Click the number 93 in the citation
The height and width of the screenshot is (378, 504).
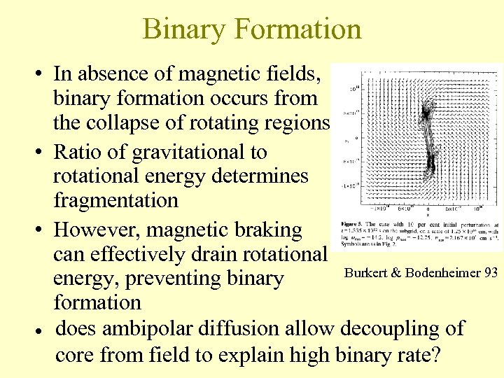[x=491, y=272]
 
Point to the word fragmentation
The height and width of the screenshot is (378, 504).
[x=116, y=201]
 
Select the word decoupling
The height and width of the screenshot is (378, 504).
[x=395, y=328]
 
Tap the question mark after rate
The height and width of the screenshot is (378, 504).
[x=435, y=355]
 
